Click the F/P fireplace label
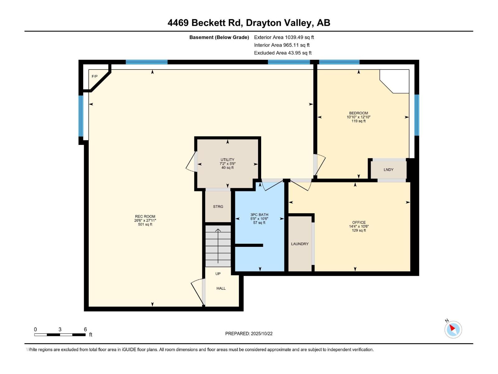pyautogui.click(x=95, y=76)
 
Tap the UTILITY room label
pyautogui.click(x=228, y=160)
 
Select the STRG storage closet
pyautogui.click(x=218, y=207)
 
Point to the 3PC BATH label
pyautogui.click(x=259, y=215)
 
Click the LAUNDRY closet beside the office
pyautogui.click(x=300, y=244)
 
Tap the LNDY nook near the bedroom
pyautogui.click(x=388, y=170)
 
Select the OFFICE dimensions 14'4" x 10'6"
pyautogui.click(x=359, y=227)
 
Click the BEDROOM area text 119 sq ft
pyautogui.click(x=359, y=121)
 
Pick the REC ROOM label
pyautogui.click(x=145, y=216)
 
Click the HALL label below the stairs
pyautogui.click(x=221, y=288)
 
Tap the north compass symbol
pyautogui.click(x=453, y=329)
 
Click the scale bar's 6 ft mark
pyautogui.click(x=85, y=329)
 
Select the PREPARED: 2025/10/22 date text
pyautogui.click(x=249, y=333)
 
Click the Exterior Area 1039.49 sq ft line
pyautogui.click(x=284, y=37)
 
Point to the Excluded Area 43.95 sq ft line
pyautogui.click(x=283, y=53)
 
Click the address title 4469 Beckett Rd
pyautogui.click(x=249, y=23)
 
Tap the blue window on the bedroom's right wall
pyautogui.click(x=416, y=115)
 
